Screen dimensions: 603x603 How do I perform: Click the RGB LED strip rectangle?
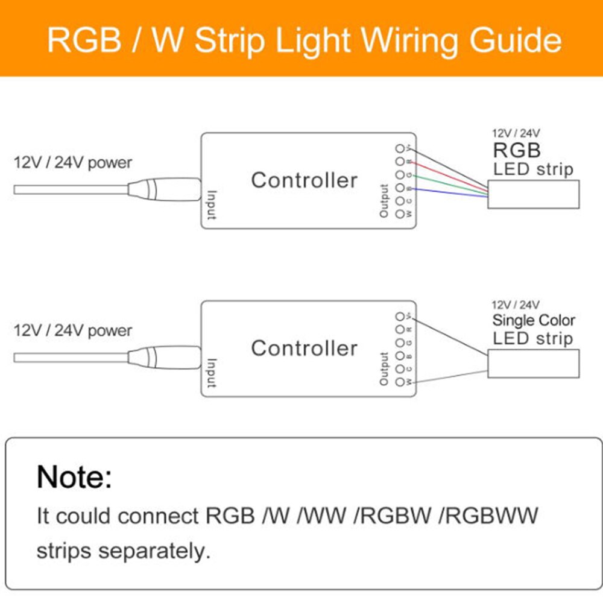[533, 195]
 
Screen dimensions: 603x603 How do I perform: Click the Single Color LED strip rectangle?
[533, 363]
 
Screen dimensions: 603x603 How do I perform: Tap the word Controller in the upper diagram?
[304, 180]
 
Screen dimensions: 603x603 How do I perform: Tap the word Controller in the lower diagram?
[304, 348]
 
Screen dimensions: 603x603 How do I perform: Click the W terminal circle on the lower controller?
[399, 382]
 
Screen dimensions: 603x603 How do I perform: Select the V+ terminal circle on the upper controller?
[399, 148]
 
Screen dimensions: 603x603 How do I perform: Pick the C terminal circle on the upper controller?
[399, 201]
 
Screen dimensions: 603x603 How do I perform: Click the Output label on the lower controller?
[384, 369]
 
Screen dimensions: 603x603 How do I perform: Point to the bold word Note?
[74, 476]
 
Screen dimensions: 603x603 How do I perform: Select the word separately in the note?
[153, 551]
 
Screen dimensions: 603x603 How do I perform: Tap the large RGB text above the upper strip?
[517, 149]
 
